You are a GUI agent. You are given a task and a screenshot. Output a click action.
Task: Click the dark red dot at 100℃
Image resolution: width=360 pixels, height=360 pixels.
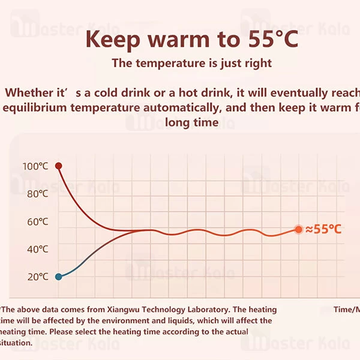(x=58, y=166)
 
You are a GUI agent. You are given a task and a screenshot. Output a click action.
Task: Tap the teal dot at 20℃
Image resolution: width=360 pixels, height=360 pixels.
(x=58, y=277)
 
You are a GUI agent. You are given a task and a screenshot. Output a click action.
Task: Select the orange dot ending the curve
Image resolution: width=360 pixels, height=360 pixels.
(x=298, y=229)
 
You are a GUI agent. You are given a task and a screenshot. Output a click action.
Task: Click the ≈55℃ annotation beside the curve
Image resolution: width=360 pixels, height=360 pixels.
(x=323, y=229)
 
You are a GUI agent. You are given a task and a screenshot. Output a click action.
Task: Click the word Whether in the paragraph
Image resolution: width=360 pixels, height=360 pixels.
(x=30, y=93)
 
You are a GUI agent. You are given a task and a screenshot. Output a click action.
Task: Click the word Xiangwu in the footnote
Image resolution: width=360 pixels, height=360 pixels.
(x=140, y=310)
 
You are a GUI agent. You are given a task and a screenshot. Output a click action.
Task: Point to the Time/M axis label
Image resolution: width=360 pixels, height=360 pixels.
(x=347, y=310)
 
